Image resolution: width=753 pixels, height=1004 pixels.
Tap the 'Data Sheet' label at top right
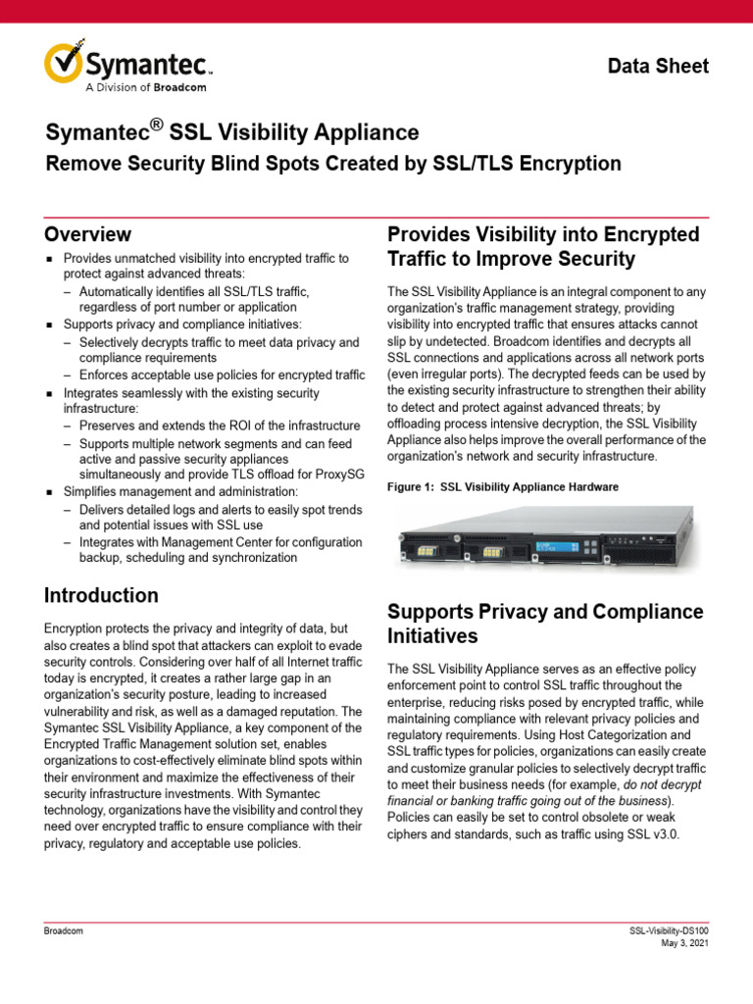(658, 66)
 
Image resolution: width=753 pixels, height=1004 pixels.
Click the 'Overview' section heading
(87, 234)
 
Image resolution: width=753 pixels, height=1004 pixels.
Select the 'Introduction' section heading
(101, 595)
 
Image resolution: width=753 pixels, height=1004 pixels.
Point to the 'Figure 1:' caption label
(411, 487)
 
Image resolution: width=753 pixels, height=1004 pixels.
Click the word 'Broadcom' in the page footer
(63, 930)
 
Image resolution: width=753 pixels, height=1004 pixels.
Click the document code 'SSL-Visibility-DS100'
(669, 930)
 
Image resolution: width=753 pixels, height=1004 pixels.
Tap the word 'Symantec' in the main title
(101, 132)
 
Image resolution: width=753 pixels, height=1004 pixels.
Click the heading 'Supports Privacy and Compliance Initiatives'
(545, 624)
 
